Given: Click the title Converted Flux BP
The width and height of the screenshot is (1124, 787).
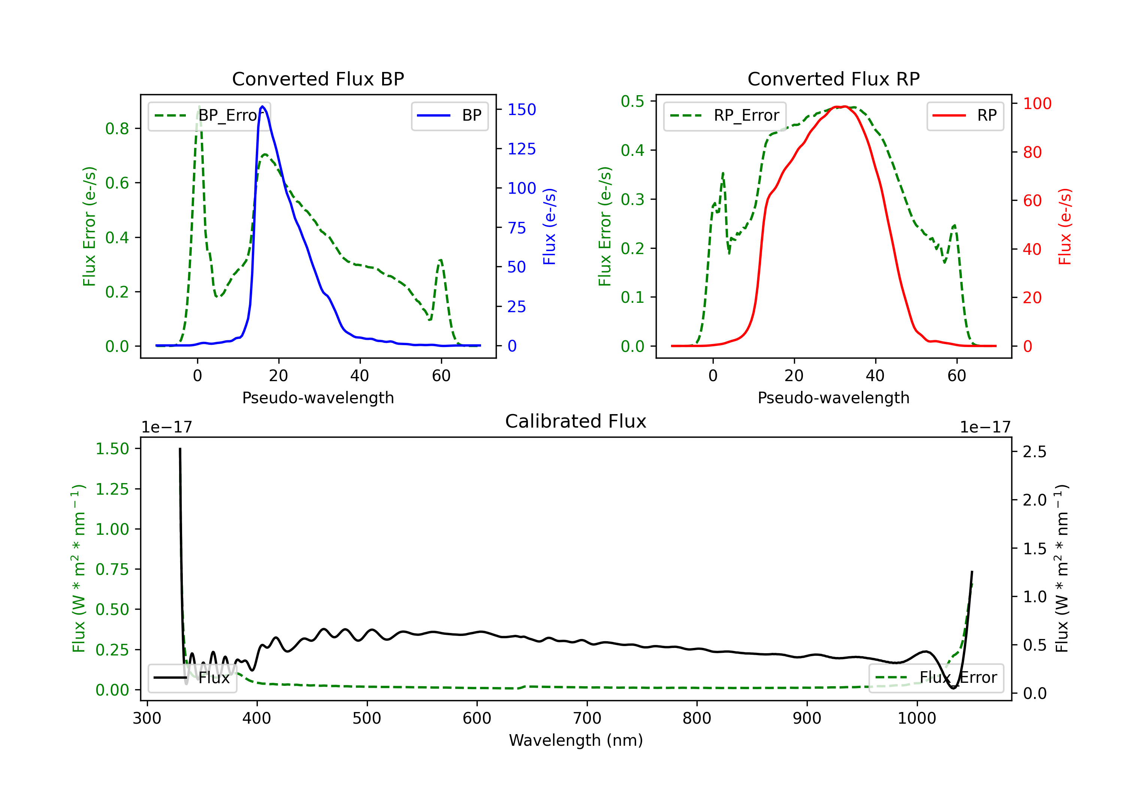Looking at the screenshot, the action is [318, 79].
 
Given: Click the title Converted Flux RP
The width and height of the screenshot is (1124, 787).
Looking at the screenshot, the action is [833, 79].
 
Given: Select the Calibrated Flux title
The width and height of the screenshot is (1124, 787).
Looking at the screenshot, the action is [576, 421].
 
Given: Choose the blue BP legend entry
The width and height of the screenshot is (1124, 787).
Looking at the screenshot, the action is [449, 115].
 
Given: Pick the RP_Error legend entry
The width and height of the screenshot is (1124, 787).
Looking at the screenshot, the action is [725, 115].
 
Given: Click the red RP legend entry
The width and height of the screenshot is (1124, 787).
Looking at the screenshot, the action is [965, 115].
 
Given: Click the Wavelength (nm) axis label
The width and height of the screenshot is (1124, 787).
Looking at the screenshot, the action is [576, 741].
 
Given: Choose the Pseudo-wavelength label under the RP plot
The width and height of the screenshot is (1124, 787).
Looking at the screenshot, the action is [833, 398].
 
